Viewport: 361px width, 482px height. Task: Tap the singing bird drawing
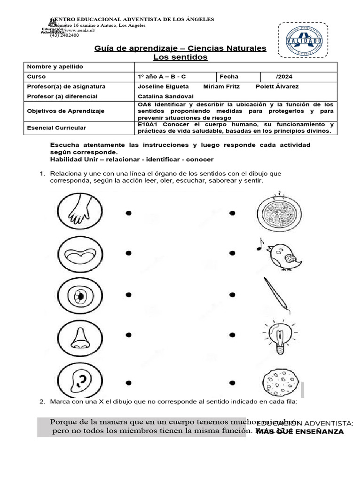(281, 254)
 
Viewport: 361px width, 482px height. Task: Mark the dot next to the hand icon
(128, 213)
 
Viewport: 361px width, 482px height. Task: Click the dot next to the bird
(232, 254)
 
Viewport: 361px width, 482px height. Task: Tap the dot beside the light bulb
(232, 335)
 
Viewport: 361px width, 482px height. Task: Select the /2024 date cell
(284, 76)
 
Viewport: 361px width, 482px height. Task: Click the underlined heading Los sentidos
(180, 57)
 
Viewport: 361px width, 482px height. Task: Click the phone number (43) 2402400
(64, 35)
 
